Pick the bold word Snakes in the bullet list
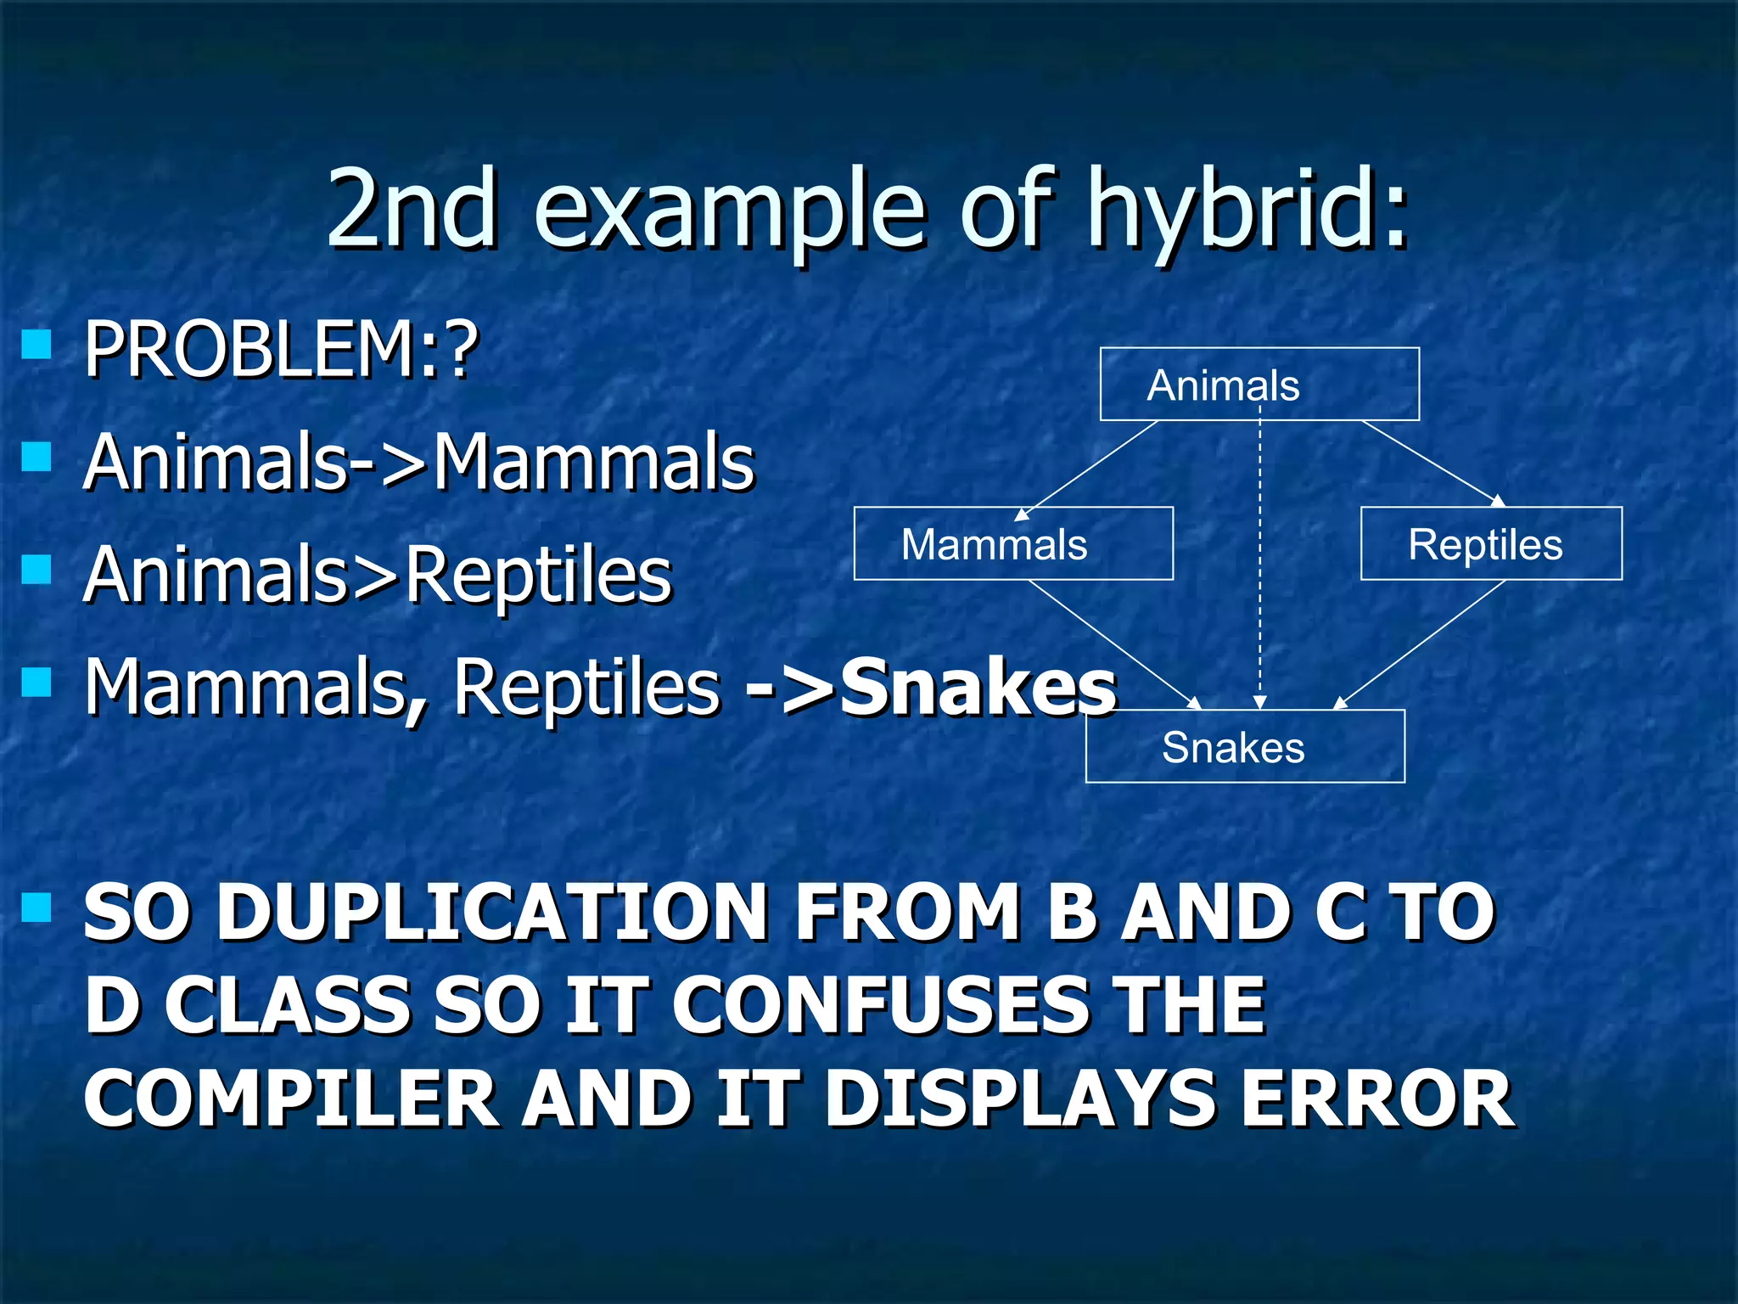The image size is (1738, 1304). click(978, 688)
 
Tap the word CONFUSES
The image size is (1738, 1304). click(883, 1006)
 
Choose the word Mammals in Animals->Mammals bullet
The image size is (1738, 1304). click(593, 463)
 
